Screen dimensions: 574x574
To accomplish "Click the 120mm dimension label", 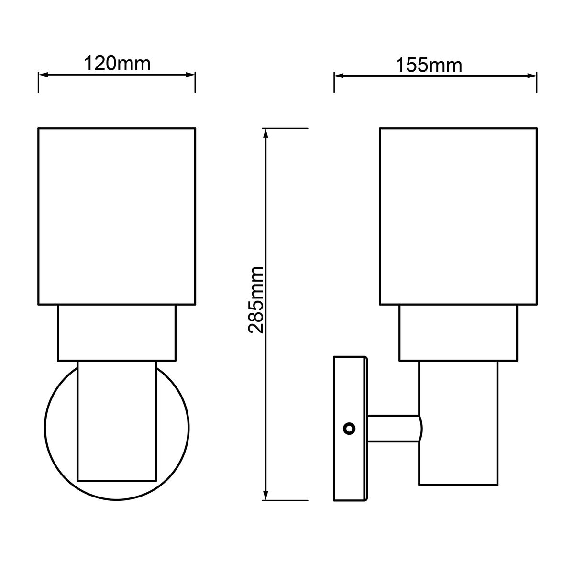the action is click(117, 64).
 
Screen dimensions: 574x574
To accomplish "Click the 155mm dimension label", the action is click(429, 65).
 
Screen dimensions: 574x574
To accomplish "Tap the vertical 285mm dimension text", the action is click(255, 300).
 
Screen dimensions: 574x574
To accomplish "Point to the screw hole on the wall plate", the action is click(349, 429).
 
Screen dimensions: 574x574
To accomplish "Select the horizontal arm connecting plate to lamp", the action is click(394, 429).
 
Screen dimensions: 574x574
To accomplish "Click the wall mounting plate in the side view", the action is click(350, 429).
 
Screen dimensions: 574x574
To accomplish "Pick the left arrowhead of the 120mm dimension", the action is click(44, 76).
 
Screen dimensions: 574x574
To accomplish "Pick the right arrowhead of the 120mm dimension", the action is click(190, 76).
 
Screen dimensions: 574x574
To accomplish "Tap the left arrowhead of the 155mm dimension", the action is click(339, 76).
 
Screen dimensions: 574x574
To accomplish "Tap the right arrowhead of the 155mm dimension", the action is click(532, 76).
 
